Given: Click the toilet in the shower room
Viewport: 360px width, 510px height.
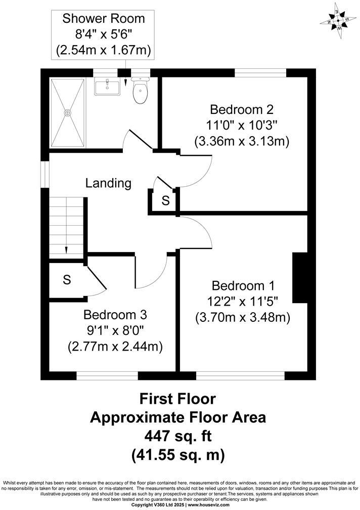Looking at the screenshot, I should [140, 91].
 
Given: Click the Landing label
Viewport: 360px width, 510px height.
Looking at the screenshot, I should [108, 183].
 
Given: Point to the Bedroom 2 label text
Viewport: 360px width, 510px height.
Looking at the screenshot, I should [242, 109].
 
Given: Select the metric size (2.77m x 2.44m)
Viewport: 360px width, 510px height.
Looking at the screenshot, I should [115, 347].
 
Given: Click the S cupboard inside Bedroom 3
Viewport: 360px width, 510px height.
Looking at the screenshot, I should [66, 280].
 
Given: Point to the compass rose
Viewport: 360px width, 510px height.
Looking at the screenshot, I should [338, 21].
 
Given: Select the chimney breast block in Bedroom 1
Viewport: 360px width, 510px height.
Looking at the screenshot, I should [300, 278].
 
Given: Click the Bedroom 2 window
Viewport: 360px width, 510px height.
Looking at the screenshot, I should [260, 73].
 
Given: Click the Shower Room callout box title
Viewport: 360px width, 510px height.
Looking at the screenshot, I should [103, 19].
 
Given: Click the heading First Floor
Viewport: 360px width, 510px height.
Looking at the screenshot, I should [177, 399].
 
